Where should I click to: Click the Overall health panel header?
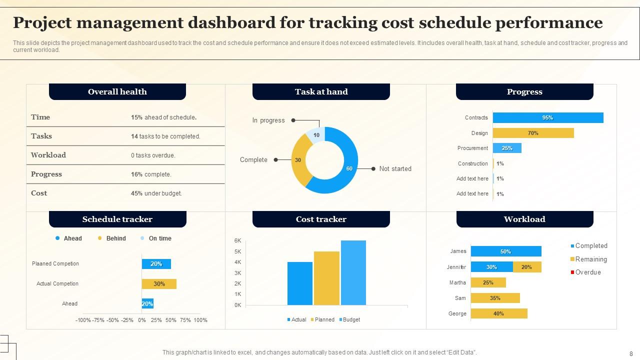(117, 92)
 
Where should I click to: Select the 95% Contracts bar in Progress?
(547, 118)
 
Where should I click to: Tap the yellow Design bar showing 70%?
(533, 133)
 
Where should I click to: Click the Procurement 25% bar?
(507, 148)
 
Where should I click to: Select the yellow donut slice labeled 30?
(298, 160)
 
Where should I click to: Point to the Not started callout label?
(395, 169)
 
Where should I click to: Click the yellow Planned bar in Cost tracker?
(326, 278)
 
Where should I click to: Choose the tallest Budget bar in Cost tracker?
(353, 272)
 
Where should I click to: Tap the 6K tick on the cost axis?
(238, 241)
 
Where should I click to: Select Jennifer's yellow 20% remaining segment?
(526, 267)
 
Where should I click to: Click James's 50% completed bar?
(505, 251)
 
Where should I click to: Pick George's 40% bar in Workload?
(498, 313)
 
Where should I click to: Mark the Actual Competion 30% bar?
(159, 284)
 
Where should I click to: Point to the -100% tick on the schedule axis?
(83, 320)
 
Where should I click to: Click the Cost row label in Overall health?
(39, 193)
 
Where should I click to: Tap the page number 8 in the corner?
(631, 353)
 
